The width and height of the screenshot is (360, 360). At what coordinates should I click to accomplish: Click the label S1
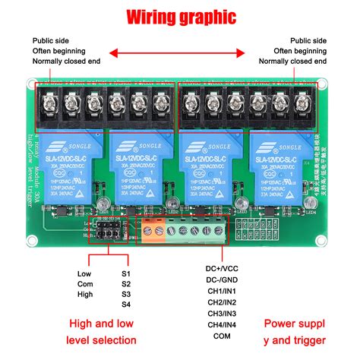point(126,273)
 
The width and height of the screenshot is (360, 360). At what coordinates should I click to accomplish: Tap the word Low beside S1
point(84,273)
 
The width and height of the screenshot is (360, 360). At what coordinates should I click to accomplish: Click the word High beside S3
point(85,295)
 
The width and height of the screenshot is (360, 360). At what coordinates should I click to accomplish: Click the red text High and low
point(103,324)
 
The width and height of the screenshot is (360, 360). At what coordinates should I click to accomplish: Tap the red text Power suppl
point(295,324)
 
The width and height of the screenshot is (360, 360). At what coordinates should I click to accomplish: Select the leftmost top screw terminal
point(50,99)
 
